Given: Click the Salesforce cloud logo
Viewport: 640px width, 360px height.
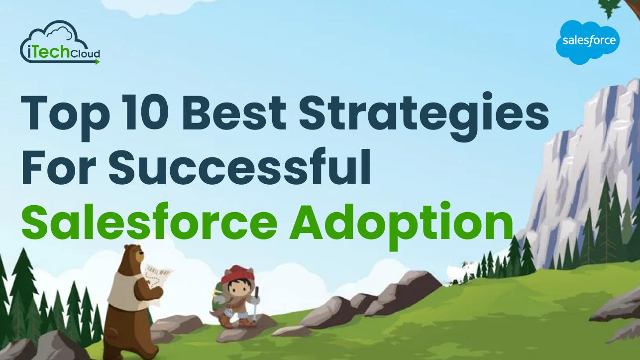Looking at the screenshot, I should point(588,42).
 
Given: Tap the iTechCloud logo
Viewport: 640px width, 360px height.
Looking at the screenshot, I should point(60,44).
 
